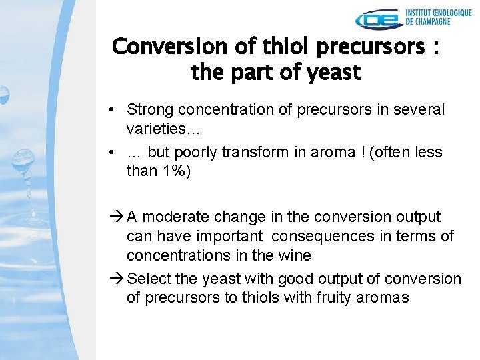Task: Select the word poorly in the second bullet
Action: tap(199, 152)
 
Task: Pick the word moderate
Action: tap(171, 217)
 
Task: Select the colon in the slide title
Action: tap(434, 48)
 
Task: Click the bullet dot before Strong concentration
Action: tap(115, 109)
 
